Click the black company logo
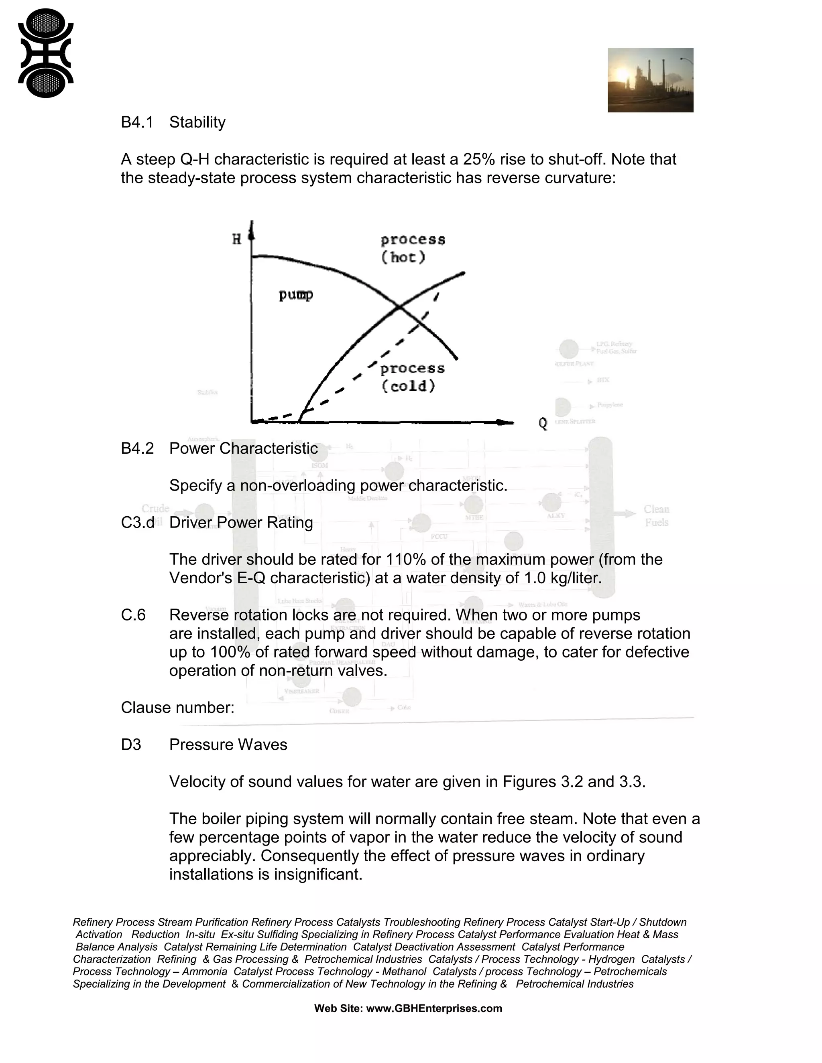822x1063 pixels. (46, 53)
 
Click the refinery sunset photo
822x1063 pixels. (650, 80)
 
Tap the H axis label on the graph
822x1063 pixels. (237, 239)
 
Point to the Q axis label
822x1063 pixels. (543, 424)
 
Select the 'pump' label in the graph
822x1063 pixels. (295, 295)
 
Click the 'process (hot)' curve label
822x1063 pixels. (413, 248)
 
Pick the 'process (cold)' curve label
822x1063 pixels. (413, 377)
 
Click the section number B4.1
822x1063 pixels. (137, 122)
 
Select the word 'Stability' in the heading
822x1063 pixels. (197, 122)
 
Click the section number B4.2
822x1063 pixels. (137, 448)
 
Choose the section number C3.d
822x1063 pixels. (137, 522)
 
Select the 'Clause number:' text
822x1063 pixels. (178, 707)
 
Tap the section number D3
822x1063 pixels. (131, 745)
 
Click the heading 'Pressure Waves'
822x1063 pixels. (228, 745)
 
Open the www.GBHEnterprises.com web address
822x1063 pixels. (433, 1008)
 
